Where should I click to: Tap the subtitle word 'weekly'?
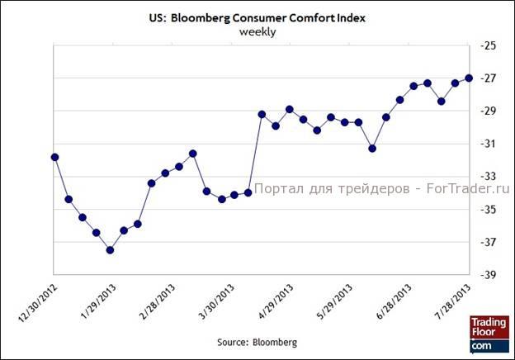pyautogui.click(x=257, y=31)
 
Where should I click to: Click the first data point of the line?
pyautogui.click(x=54, y=157)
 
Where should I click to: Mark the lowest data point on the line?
pyautogui.click(x=110, y=249)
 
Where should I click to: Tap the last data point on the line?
pyautogui.click(x=469, y=78)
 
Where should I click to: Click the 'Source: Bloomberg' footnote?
pyautogui.click(x=257, y=341)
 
